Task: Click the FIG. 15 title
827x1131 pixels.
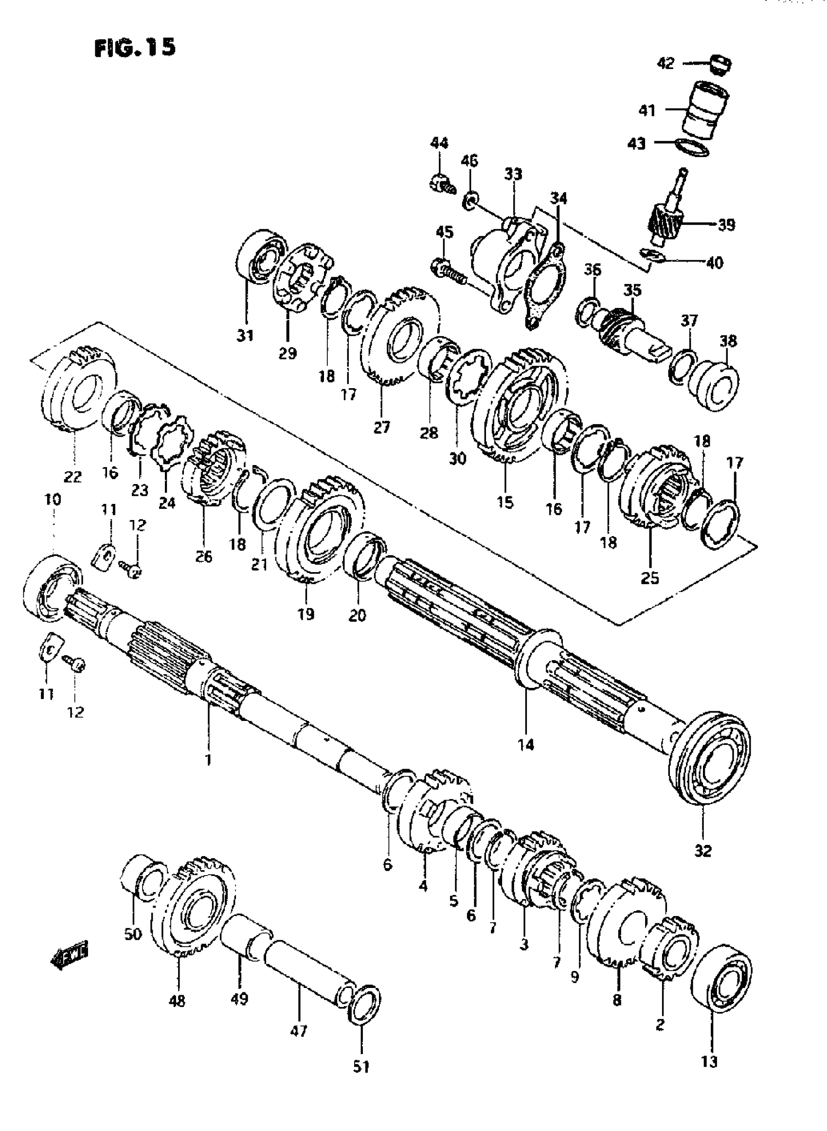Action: pyautogui.click(x=135, y=48)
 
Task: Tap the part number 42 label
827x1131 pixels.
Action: pyautogui.click(x=665, y=64)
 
